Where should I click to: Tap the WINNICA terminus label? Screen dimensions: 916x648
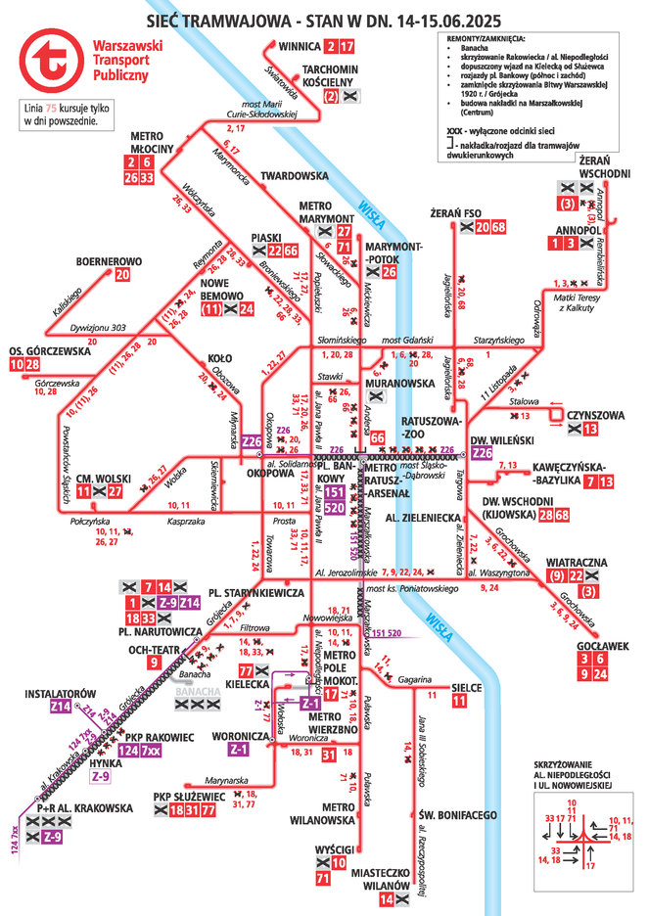tap(300, 46)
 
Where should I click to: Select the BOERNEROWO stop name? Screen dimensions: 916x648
tap(110, 262)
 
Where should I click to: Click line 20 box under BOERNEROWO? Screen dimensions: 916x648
tap(121, 275)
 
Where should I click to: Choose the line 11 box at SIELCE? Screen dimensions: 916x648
tap(459, 701)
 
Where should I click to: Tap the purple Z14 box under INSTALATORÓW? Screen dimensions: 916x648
tap(60, 707)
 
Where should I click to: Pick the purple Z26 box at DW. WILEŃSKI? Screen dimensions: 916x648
tap(481, 453)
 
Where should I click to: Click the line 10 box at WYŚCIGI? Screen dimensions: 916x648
tap(337, 863)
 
